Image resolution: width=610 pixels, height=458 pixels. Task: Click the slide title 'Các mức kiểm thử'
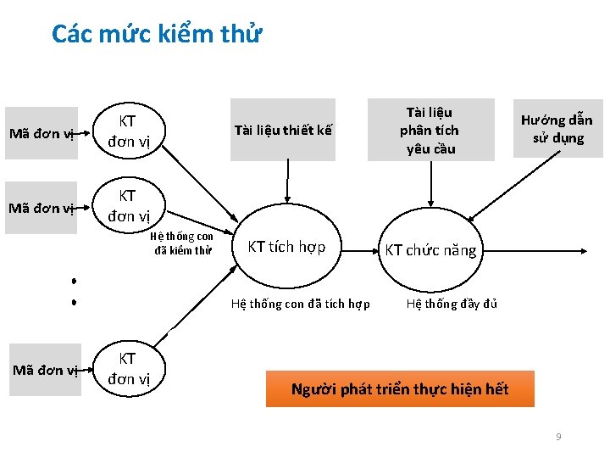pos(158,33)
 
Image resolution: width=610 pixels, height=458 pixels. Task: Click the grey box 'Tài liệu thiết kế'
pos(283,130)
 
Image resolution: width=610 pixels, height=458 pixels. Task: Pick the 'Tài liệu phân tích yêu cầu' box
pos(431,130)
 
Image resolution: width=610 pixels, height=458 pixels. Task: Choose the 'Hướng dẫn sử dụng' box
pos(557,129)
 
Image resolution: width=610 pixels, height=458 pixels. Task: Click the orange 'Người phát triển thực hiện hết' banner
pos(400,389)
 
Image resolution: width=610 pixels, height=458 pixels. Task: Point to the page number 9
pos(558,437)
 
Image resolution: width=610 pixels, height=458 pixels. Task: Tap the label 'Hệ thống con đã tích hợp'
pos(300,304)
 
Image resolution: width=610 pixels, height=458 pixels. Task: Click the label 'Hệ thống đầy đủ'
pos(452,304)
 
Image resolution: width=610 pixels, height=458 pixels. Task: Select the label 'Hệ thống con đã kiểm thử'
pos(182,243)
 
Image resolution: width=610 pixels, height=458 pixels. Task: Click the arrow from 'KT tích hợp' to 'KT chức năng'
pos(360,251)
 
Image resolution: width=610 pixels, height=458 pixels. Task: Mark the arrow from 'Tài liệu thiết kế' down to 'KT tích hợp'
pos(287,182)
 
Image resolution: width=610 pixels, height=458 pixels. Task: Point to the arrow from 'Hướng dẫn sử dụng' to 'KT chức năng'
pos(513,186)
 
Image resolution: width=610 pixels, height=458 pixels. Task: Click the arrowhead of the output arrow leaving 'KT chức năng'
pos(584,251)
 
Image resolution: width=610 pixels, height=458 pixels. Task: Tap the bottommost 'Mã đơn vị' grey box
pos(45,370)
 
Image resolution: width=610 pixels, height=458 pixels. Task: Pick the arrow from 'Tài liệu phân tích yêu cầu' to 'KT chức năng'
pos(430,184)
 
